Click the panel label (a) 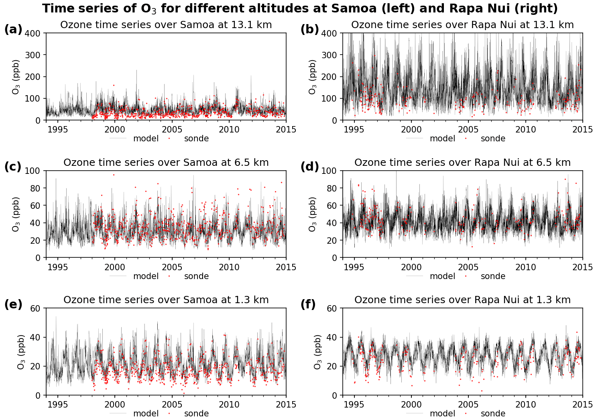click(13, 29)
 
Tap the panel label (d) click(309, 167)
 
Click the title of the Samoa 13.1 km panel click(166, 25)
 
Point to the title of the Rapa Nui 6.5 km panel click(462, 163)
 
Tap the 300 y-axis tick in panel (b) click(329, 55)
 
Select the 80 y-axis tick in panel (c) click(35, 188)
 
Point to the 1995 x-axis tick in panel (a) click(57, 129)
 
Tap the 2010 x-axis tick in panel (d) click(525, 267)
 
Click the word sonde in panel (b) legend click(493, 139)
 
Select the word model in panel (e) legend click(146, 414)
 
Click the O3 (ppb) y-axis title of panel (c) click(16, 214)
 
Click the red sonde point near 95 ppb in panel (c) click(114, 175)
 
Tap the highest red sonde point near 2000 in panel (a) click(114, 85)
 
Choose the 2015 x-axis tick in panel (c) click(286, 267)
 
